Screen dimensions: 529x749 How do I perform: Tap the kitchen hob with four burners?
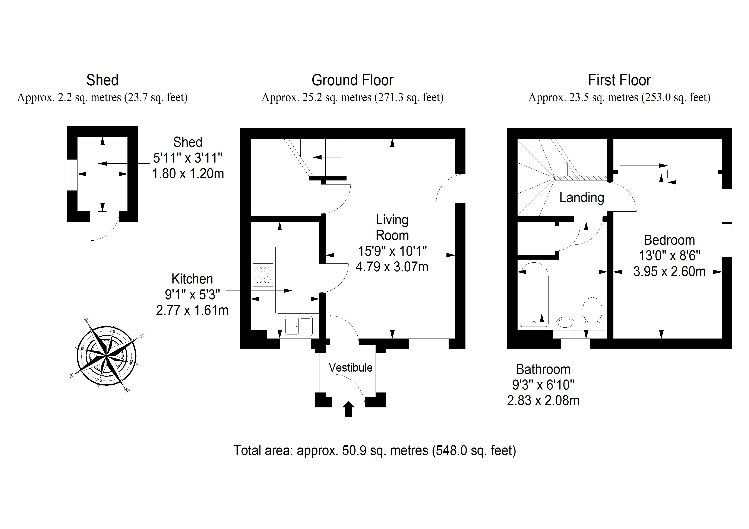pyautogui.click(x=263, y=275)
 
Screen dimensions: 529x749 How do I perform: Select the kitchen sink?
pyautogui.click(x=298, y=326)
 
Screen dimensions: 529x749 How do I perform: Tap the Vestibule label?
pyautogui.click(x=350, y=368)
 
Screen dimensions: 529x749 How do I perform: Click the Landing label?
pyautogui.click(x=582, y=198)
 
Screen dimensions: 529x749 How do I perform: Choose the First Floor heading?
pyautogui.click(x=619, y=80)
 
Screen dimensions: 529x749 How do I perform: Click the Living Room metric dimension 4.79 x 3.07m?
pyautogui.click(x=392, y=267)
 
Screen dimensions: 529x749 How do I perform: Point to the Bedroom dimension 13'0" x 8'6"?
pyautogui.click(x=669, y=256)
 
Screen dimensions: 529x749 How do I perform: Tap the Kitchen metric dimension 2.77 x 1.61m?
pyautogui.click(x=192, y=310)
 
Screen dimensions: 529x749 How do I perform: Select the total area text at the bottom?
pyautogui.click(x=374, y=451)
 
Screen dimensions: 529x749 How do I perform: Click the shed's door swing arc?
pyautogui.click(x=108, y=230)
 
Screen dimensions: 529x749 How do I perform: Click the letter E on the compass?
pyautogui.click(x=87, y=320)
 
